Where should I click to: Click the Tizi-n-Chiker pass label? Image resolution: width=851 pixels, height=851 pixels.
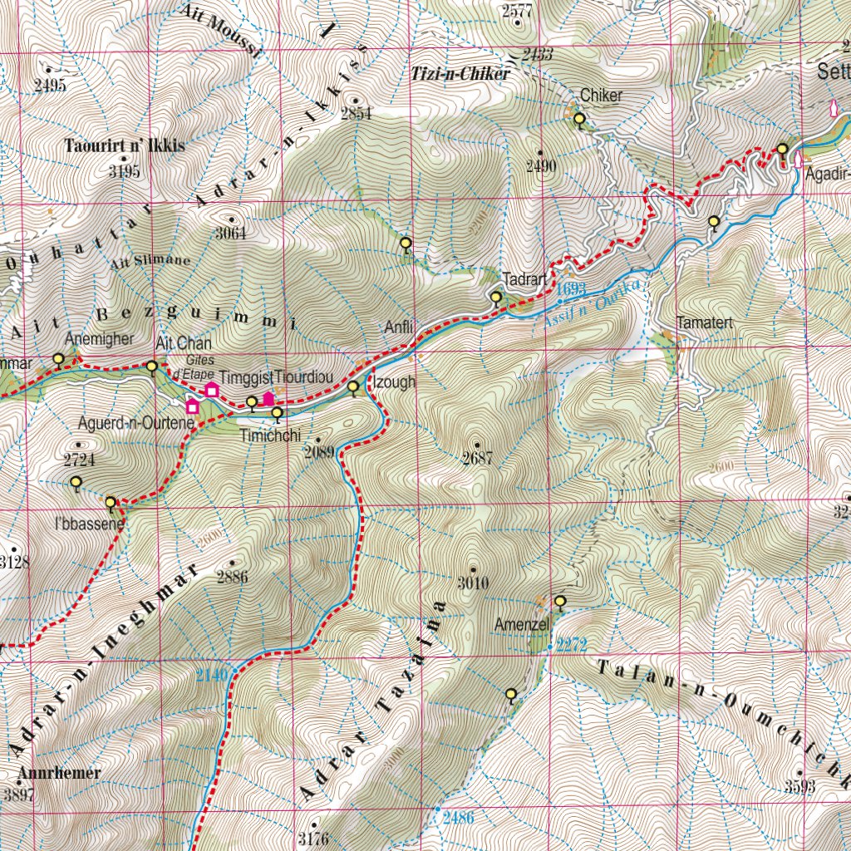tap(460, 74)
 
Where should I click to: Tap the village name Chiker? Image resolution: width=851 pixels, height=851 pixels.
tap(601, 96)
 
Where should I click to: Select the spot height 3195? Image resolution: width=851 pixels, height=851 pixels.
tap(124, 172)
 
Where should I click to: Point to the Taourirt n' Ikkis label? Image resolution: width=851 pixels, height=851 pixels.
tap(125, 145)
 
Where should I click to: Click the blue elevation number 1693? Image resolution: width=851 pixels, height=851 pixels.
tap(572, 289)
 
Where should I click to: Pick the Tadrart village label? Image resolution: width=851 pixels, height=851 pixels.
tap(523, 279)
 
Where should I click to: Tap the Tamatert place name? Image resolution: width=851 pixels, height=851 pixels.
tap(706, 322)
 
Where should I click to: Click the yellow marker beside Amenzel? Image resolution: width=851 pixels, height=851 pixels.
tap(560, 601)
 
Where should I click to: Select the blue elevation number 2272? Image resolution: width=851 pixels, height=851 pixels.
tap(572, 644)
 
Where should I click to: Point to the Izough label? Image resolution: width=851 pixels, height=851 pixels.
tap(394, 383)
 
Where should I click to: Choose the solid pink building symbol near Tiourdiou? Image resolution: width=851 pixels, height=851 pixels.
tap(268, 399)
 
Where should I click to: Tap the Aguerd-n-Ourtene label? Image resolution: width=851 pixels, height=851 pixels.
tap(135, 422)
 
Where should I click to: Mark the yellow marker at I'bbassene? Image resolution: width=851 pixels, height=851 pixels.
tap(110, 502)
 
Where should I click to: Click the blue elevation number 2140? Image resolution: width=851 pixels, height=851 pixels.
tap(212, 675)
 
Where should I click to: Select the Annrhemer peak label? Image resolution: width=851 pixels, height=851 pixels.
tap(59, 773)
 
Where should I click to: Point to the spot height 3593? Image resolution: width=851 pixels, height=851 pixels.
tap(799, 786)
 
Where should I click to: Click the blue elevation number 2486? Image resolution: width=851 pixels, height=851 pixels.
tap(458, 818)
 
